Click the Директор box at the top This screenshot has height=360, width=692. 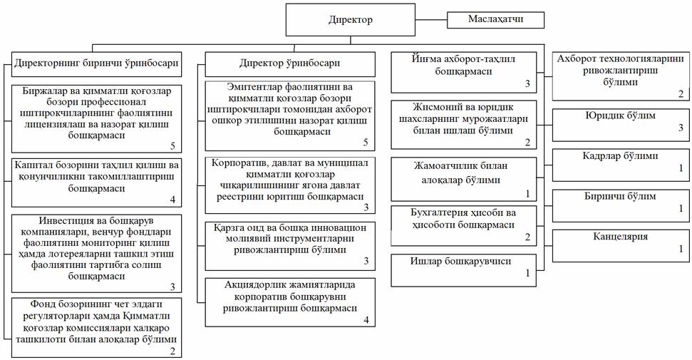point(351,20)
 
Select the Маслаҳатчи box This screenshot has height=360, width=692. point(495,19)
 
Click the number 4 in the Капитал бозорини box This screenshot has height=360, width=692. point(172,200)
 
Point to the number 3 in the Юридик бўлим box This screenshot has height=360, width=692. point(681,128)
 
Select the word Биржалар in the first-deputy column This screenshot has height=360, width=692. point(42,91)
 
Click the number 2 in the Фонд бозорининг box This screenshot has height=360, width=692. point(172,351)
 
